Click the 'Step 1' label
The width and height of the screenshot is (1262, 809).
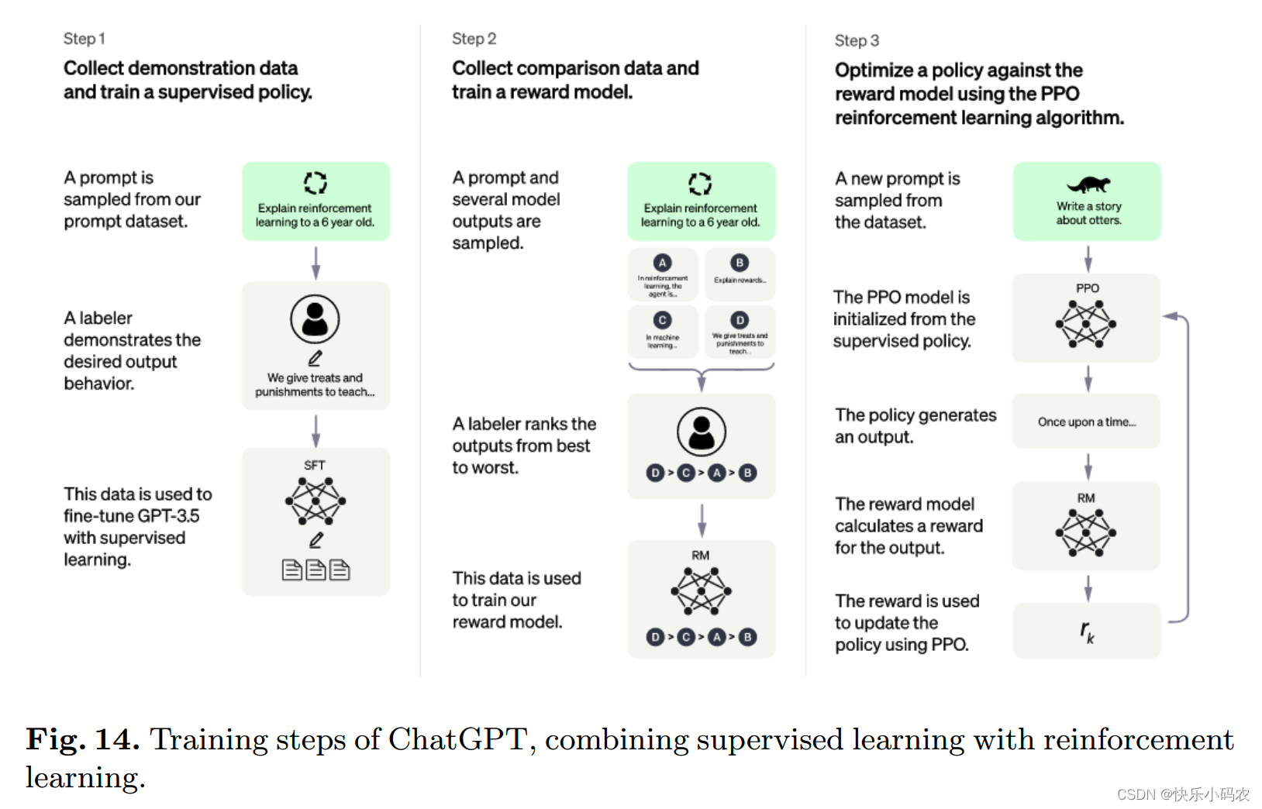(84, 39)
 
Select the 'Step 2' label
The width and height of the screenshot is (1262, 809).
(474, 39)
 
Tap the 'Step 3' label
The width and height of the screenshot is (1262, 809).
(856, 40)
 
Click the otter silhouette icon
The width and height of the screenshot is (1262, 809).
(1088, 184)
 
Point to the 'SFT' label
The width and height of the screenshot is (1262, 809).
(314, 465)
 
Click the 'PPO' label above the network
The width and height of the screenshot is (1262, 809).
(1087, 288)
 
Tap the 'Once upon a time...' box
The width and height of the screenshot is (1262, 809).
(1086, 422)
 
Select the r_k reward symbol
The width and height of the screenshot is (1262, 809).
(1087, 632)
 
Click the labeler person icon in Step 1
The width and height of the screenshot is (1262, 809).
(315, 318)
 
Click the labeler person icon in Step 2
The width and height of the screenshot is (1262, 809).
(701, 431)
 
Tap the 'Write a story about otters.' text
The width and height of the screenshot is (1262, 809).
(1088, 213)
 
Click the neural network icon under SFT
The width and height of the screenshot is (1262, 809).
(315, 501)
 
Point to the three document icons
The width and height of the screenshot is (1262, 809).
(315, 570)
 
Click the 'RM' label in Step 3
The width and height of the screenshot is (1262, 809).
(1085, 498)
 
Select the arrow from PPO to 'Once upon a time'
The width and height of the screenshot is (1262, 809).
(1088, 378)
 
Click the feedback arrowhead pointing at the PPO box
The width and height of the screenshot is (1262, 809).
(1170, 316)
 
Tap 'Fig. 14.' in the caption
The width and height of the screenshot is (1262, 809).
(82, 739)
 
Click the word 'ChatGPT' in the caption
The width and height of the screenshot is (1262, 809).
(457, 739)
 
